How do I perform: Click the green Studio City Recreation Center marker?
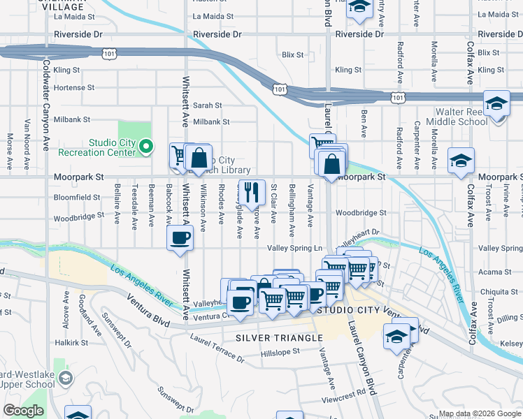[146, 147]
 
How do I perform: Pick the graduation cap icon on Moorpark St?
[461, 162]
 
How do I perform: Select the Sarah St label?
[208, 105]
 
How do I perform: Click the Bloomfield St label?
[82, 198]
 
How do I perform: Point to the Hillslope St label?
[280, 351]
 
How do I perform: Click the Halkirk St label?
[73, 343]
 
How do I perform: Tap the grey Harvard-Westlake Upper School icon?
[66, 379]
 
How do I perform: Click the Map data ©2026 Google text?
[480, 413]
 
